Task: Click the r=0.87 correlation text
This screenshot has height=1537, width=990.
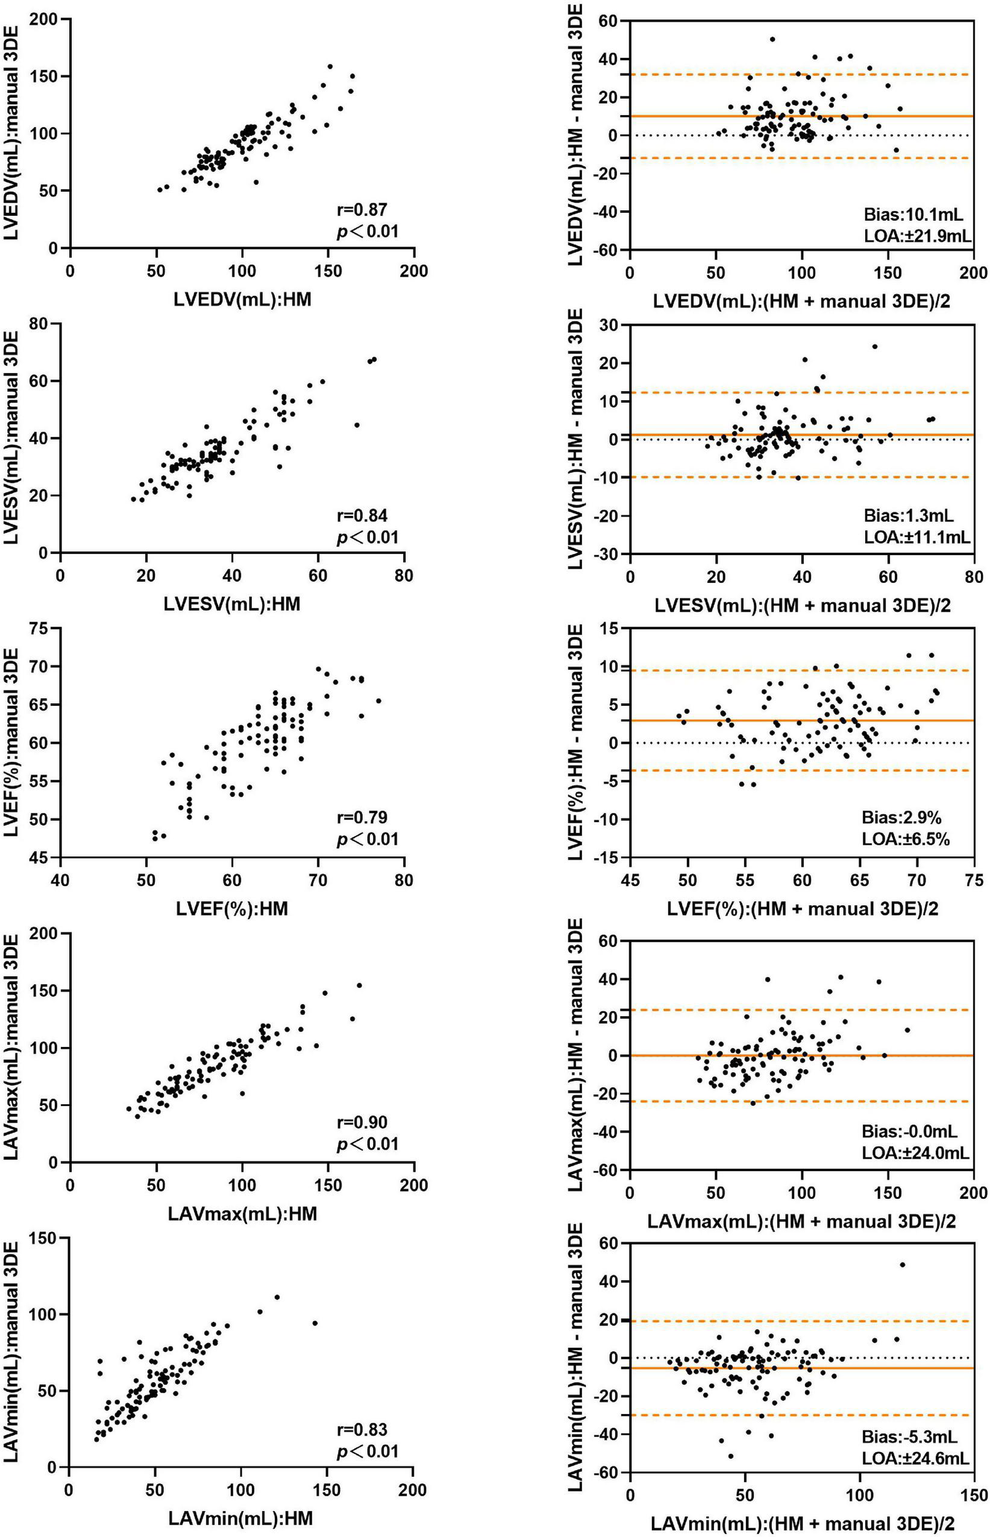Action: (362, 210)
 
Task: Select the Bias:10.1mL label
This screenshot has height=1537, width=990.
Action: (914, 215)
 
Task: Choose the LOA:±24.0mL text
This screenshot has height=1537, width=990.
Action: (916, 1153)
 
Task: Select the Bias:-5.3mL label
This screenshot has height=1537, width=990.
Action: (909, 1437)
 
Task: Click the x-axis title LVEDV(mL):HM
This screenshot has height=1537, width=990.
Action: (242, 299)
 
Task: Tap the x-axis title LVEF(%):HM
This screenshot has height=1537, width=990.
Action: (232, 909)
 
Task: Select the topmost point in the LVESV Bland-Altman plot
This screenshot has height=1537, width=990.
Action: (874, 347)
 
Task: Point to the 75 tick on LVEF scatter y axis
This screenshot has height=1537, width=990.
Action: (43, 628)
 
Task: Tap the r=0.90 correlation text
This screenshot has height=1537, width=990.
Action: (362, 1123)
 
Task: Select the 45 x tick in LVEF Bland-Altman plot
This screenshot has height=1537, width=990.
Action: (630, 880)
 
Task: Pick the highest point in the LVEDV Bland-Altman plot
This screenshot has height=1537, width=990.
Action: (772, 39)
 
